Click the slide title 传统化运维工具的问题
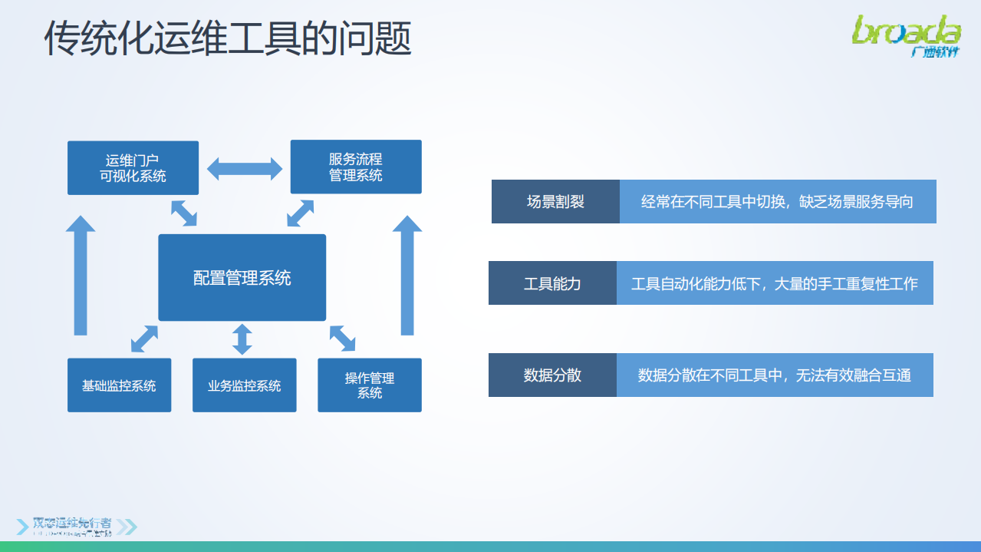point(228,38)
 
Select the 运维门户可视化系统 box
point(133,167)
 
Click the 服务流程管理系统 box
point(355,167)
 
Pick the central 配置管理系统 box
point(242,277)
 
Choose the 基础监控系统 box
point(119,385)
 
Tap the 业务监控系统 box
point(244,385)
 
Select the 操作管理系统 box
point(369,385)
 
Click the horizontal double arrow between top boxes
point(245,168)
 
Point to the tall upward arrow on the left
point(81,276)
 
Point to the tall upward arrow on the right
point(407,276)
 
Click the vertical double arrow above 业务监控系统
point(242,339)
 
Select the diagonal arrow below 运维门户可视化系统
point(184,213)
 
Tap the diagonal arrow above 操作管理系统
point(342,338)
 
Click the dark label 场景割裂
point(555,202)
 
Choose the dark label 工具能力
point(552,283)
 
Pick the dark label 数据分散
point(552,375)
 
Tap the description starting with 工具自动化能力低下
point(774,283)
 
